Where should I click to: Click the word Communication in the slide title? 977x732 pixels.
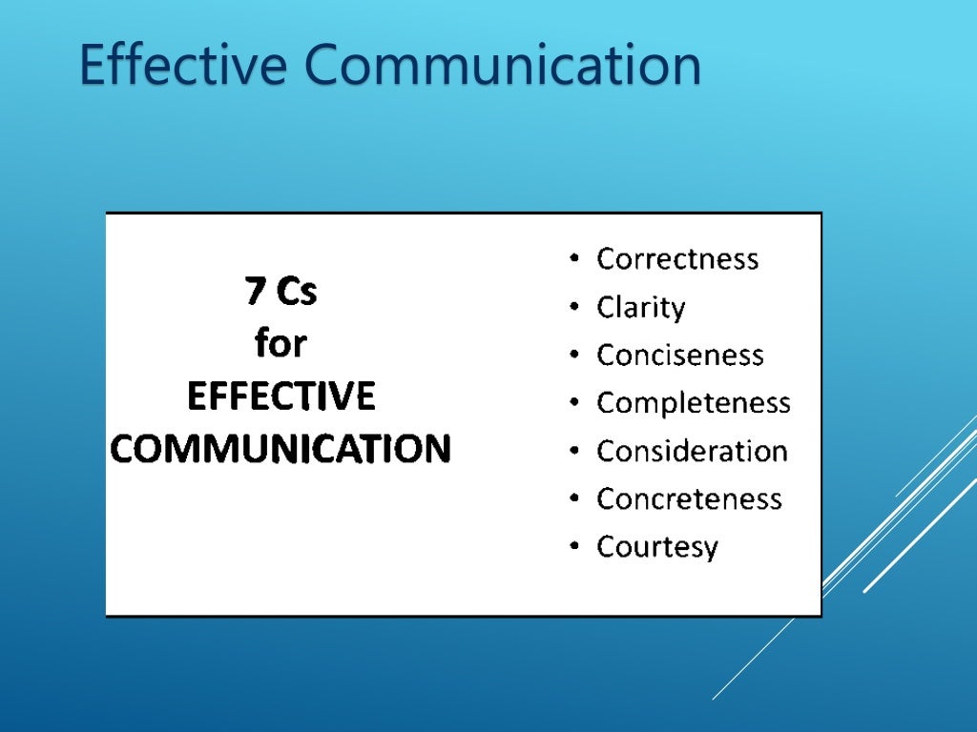pos(503,65)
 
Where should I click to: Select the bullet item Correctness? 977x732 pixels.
pos(677,259)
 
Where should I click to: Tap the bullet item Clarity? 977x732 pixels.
pos(640,308)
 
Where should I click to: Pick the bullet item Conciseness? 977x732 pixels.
pos(679,356)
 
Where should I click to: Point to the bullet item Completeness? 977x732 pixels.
pos(693,403)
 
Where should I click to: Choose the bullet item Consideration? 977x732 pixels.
pos(692,451)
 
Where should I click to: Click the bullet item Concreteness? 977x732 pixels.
pos(689,498)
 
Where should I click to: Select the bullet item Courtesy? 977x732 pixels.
pos(656,547)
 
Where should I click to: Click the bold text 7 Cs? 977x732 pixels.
pos(281,292)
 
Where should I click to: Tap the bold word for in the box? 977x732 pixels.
pos(281,344)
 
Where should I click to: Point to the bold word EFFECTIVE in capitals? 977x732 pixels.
pos(281,396)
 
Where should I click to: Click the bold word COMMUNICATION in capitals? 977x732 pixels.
pos(281,448)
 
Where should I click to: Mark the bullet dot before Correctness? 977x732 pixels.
pos(572,259)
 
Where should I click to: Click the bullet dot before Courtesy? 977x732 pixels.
pos(572,547)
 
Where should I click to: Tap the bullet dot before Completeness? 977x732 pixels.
pos(572,403)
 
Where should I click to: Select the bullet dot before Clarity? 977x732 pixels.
pos(572,308)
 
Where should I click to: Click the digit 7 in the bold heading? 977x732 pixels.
pos(255,292)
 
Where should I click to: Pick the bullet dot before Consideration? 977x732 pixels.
pos(572,451)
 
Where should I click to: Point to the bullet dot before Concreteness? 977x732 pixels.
pos(572,498)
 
